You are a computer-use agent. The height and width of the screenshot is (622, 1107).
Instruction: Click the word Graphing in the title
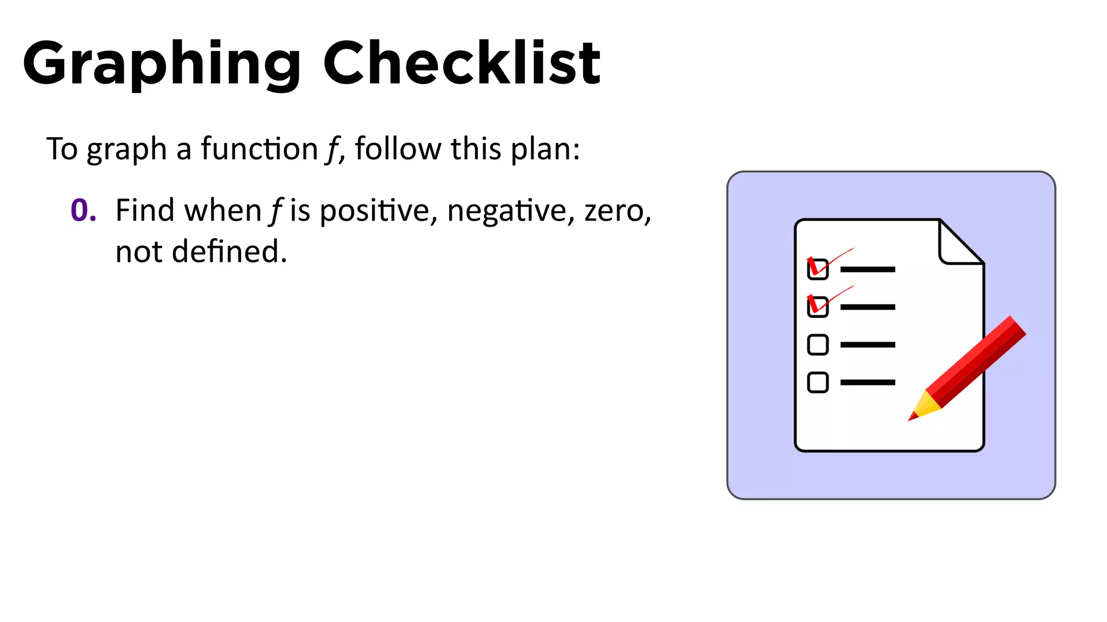[161, 64]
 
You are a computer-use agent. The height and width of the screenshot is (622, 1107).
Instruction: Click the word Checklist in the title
[462, 64]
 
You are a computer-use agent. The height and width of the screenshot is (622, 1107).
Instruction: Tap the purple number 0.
[83, 210]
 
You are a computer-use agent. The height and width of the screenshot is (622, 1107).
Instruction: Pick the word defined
[229, 252]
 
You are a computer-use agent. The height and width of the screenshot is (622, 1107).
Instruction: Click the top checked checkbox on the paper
[818, 269]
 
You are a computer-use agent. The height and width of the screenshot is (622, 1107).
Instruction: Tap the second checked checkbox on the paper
[818, 307]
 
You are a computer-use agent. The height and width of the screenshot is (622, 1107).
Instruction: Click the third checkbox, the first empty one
[818, 344]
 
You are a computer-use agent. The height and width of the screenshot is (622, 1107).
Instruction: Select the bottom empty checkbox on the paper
[818, 382]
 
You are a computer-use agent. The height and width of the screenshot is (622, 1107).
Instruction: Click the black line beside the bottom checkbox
[868, 382]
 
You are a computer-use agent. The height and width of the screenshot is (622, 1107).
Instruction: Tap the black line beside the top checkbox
[868, 269]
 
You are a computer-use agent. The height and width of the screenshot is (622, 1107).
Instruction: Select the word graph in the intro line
[126, 150]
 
